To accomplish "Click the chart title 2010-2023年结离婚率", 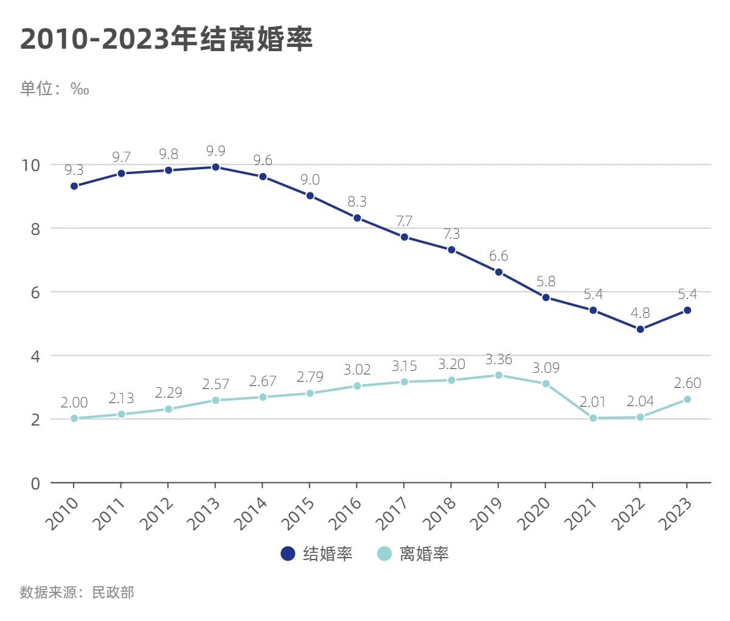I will click(x=166, y=39).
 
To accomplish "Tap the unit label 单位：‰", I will click(x=55, y=89).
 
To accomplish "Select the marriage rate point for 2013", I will click(x=215, y=167).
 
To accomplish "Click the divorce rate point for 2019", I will click(x=498, y=375).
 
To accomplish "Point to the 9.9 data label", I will click(x=215, y=151).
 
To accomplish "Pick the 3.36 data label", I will click(x=498, y=359).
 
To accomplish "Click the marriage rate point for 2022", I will click(x=640, y=329).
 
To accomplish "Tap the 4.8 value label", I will click(x=640, y=313).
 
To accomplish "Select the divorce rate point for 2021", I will click(x=593, y=418).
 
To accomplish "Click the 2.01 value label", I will click(x=593, y=402).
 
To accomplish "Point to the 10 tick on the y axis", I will click(x=30, y=165).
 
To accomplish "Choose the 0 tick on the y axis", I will click(x=35, y=483).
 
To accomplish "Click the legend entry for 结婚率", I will click(x=317, y=553).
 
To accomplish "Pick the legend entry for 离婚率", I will click(x=414, y=553).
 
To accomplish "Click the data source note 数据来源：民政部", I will click(x=77, y=592).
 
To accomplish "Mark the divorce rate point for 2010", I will click(x=74, y=418).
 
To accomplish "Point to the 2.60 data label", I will click(x=687, y=383).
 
